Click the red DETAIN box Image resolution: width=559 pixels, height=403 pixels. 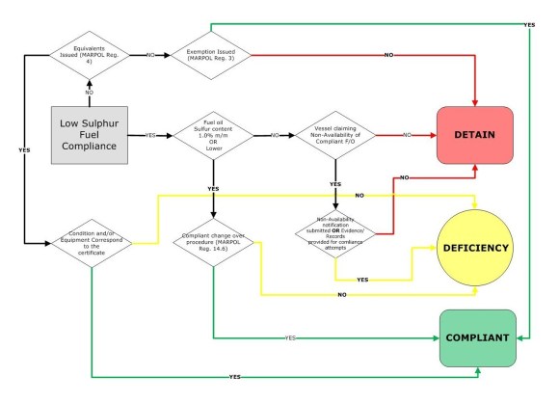pyautogui.click(x=478, y=135)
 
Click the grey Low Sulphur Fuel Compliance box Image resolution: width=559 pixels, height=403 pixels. pyautogui.click(x=90, y=135)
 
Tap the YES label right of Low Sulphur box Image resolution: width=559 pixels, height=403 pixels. pyautogui.click(x=150, y=136)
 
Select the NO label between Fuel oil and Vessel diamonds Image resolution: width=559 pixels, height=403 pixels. pyautogui.click(x=275, y=136)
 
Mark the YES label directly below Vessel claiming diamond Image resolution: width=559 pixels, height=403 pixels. pyautogui.click(x=334, y=183)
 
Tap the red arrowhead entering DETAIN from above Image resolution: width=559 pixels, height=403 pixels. pyautogui.click(x=478, y=101)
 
